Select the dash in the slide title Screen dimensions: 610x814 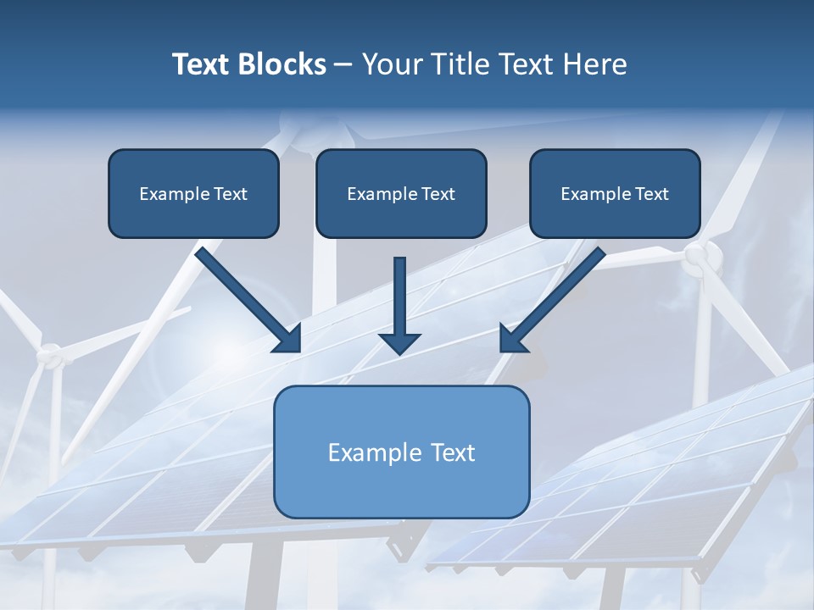[x=343, y=64]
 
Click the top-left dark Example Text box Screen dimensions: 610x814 [x=193, y=193]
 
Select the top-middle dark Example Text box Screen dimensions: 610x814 [x=401, y=193]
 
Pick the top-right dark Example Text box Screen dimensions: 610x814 [x=615, y=193]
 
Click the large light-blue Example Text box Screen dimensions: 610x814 [x=401, y=452]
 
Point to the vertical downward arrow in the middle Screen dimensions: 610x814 [x=399, y=301]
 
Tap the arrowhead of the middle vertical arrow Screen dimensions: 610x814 [x=399, y=342]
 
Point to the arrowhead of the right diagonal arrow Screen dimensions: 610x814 [x=511, y=339]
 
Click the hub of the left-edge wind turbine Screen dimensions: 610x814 [x=52, y=354]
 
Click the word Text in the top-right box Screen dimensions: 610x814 [x=652, y=193]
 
